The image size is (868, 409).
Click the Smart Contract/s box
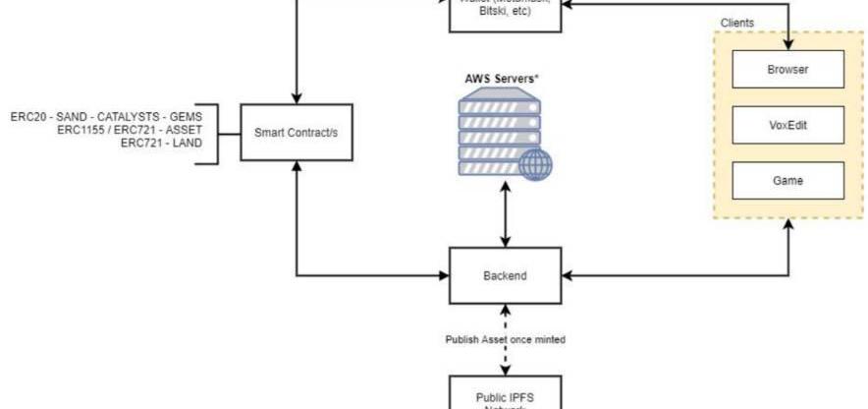tap(296, 133)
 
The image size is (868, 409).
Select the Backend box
tap(505, 275)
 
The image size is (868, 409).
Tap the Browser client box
tap(788, 70)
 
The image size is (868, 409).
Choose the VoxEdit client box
tap(788, 126)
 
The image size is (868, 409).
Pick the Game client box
tap(788, 181)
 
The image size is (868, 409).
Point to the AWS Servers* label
tap(504, 78)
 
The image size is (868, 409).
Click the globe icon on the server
tap(535, 164)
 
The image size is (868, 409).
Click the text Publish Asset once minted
tap(505, 339)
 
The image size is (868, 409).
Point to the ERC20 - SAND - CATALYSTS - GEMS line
tap(106, 116)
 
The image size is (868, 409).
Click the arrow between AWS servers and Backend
tap(505, 214)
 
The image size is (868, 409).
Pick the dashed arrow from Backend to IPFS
tap(505, 324)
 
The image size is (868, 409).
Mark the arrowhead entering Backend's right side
tap(567, 275)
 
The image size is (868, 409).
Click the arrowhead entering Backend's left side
tap(444, 275)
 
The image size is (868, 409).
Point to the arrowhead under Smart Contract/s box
tap(296, 167)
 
